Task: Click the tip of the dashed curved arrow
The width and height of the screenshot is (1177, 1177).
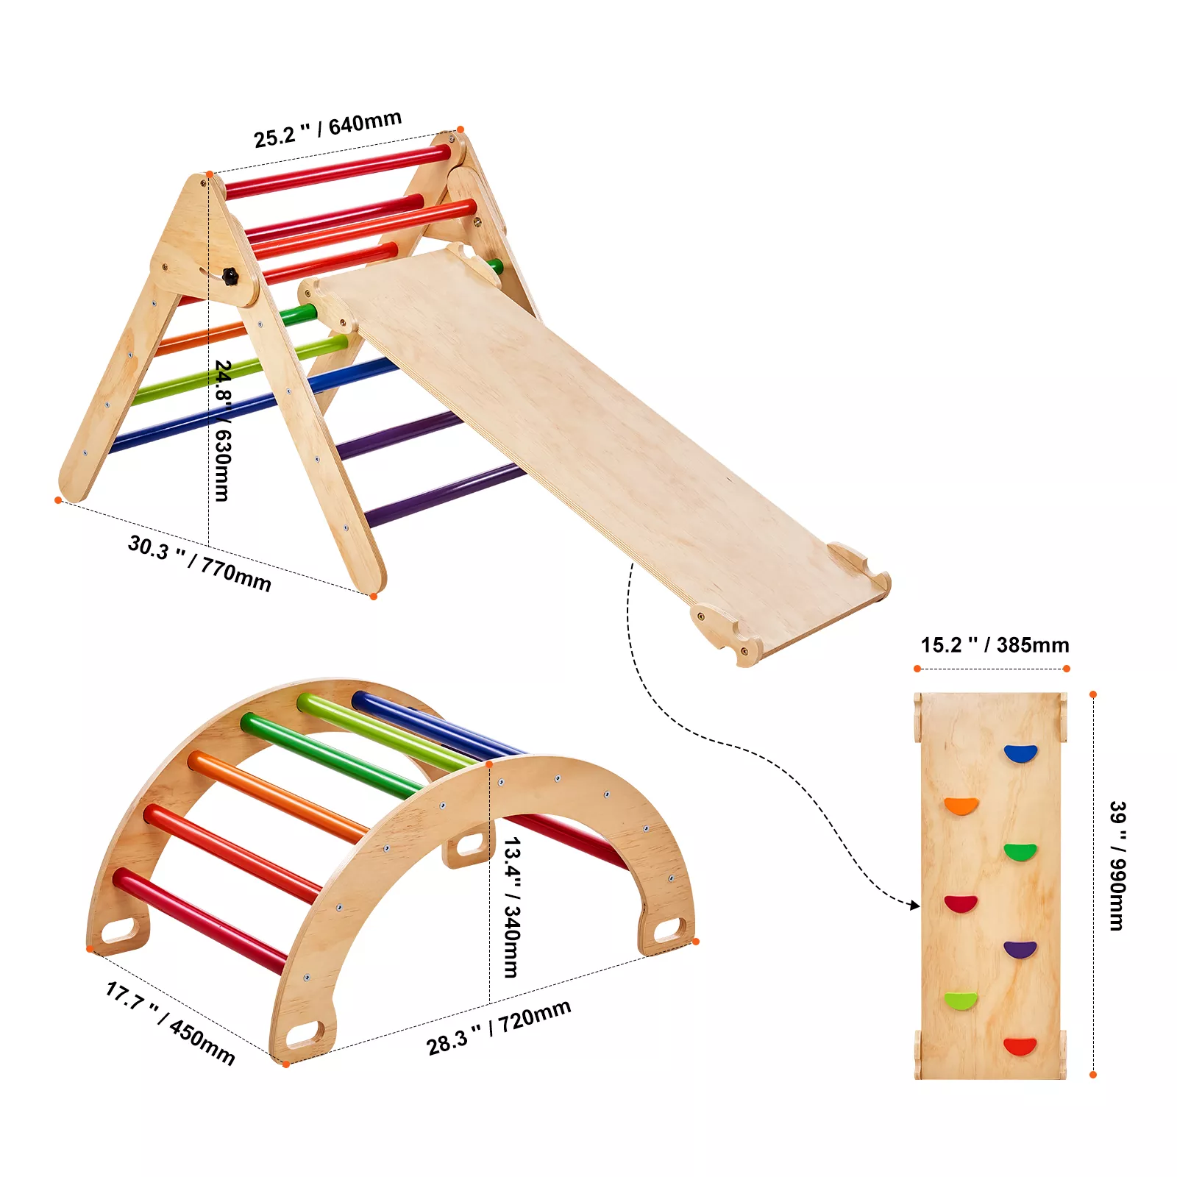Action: click(x=918, y=906)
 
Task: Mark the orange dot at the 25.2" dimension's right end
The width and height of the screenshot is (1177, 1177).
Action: click(x=461, y=129)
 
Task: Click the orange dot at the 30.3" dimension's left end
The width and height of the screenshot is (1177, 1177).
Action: click(x=58, y=500)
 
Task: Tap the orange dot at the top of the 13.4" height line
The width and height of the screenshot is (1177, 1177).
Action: click(x=489, y=764)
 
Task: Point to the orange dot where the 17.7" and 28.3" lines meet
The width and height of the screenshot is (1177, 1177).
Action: click(x=285, y=1064)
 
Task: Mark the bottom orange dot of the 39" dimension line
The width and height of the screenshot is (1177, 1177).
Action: click(x=1093, y=1075)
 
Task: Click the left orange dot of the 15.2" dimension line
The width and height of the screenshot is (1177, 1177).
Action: click(x=917, y=669)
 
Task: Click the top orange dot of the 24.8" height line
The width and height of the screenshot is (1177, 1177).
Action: click(x=210, y=174)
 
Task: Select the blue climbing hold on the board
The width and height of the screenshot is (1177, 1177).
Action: click(x=1020, y=753)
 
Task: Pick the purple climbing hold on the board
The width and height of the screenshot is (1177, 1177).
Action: click(x=1020, y=949)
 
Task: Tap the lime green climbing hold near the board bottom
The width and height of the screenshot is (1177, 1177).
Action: click(x=961, y=1000)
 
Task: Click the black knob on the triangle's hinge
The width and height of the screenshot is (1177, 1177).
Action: click(x=231, y=277)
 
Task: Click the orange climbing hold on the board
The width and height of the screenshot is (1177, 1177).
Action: click(x=961, y=806)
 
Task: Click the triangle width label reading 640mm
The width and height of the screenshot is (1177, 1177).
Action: click(x=365, y=123)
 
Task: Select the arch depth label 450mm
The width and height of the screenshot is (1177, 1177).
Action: click(x=202, y=1042)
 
